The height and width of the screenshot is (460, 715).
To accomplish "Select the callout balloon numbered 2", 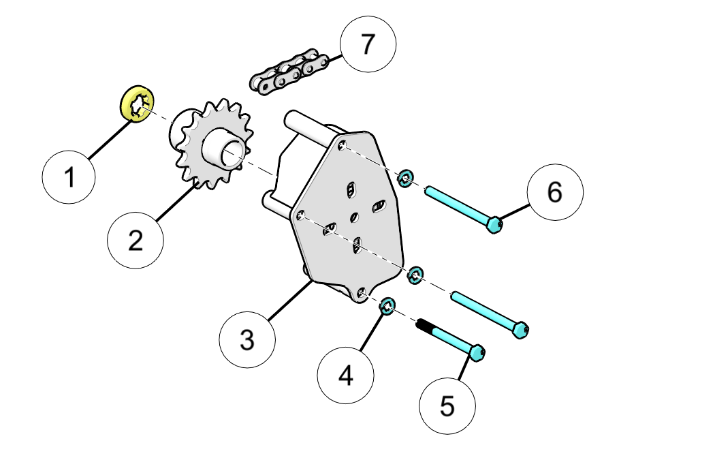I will tap(136, 239).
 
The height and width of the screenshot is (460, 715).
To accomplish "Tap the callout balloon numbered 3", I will tap(247, 339).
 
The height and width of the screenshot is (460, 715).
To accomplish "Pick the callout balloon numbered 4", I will tap(346, 375).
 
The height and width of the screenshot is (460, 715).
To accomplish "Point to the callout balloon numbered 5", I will tap(447, 405).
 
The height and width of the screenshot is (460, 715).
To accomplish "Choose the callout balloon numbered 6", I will tap(555, 192).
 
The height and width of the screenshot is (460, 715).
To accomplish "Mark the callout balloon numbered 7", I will tap(368, 44).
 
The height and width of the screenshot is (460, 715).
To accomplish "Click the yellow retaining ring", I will tap(137, 104).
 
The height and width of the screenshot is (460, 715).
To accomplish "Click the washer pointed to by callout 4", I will tap(388, 306).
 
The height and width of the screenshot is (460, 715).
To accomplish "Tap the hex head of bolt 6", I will tap(494, 224).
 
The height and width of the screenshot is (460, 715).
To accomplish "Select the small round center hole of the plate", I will tap(353, 217).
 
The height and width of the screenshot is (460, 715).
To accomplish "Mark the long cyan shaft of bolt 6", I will tap(456, 203).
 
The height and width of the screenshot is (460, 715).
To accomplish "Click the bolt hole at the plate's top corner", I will tap(342, 144).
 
